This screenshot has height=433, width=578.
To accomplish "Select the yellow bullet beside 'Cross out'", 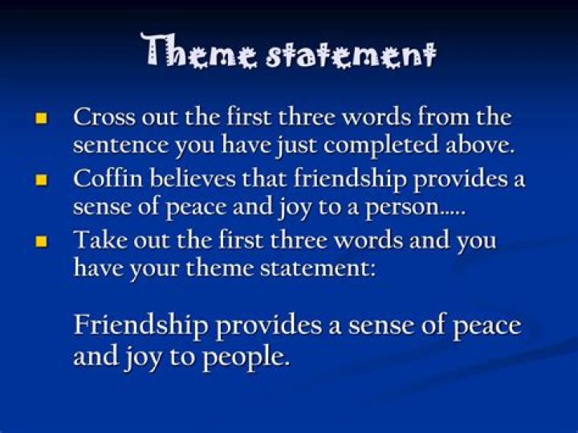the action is [41, 118].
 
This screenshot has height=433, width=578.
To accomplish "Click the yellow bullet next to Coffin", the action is [41, 181].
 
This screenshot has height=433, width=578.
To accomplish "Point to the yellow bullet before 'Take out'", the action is [41, 242].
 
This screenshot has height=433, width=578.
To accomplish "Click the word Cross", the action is [104, 116].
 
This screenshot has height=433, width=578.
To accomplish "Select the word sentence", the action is [120, 145].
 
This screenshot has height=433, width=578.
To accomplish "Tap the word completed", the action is [381, 145].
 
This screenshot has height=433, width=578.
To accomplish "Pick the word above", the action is [479, 144].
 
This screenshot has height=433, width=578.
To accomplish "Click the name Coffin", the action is [108, 178].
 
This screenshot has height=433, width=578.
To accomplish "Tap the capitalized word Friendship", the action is [140, 325].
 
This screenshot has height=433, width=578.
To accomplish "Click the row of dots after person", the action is [455, 214].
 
